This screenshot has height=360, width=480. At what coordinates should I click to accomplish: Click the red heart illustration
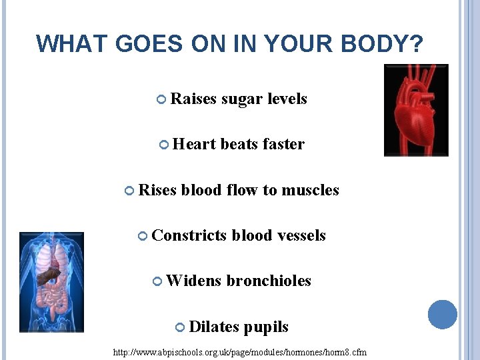click(x=416, y=110)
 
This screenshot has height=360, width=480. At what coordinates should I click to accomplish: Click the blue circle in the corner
click(x=442, y=315)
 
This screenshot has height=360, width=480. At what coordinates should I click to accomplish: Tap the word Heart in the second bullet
click(x=194, y=144)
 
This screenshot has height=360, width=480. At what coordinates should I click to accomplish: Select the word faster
click(x=283, y=144)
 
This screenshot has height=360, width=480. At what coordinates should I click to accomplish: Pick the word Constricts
click(x=189, y=235)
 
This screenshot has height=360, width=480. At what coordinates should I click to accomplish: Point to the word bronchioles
click(x=269, y=281)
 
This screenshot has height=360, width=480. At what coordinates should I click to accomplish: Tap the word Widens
click(x=193, y=281)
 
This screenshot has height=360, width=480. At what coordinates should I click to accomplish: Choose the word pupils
click(x=266, y=327)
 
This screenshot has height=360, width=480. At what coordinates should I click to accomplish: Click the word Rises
click(x=157, y=190)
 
